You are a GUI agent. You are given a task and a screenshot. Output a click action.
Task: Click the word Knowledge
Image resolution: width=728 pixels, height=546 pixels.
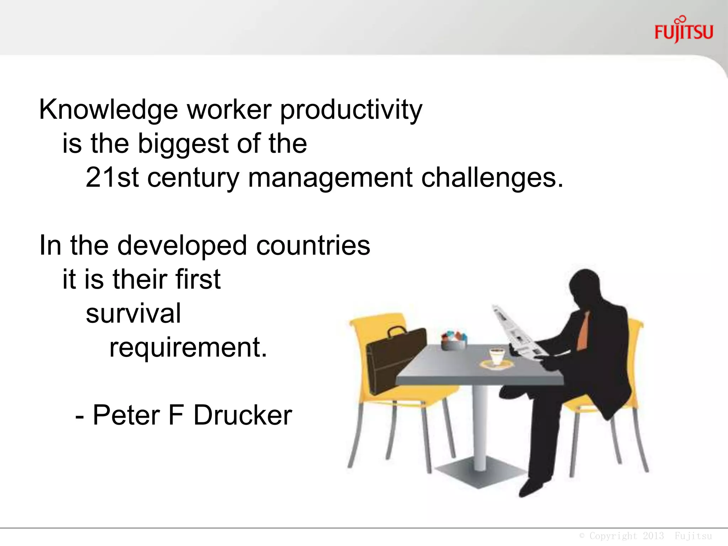click(108, 110)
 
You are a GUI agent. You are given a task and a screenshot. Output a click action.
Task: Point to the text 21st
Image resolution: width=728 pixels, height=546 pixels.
click(112, 177)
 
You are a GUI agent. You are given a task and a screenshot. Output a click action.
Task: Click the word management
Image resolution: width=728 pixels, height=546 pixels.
click(330, 178)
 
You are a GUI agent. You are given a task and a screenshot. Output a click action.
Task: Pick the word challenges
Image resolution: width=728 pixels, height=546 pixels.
click(492, 178)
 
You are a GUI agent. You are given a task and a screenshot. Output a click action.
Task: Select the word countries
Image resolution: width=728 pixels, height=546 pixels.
click(313, 246)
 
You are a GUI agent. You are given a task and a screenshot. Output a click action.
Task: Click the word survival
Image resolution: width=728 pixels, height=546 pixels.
click(133, 314)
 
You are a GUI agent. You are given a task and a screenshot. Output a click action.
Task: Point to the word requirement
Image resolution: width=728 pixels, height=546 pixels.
click(188, 348)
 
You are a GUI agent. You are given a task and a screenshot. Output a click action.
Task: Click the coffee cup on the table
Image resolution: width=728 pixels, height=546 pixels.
click(497, 357)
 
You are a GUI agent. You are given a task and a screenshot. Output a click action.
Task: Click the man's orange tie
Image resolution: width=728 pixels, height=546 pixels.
click(583, 332)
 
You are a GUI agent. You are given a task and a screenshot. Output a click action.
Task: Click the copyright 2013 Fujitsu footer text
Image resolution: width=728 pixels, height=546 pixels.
click(645, 536)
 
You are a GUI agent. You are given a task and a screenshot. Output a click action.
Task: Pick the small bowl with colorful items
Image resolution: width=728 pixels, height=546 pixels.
click(454, 341)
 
